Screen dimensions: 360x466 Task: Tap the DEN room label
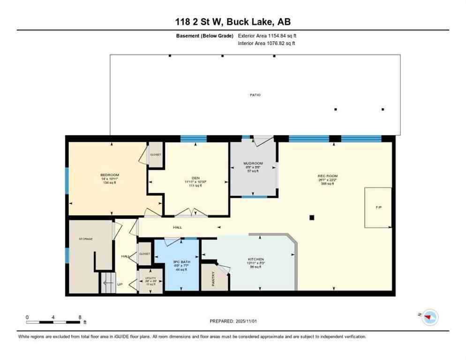point(193,178)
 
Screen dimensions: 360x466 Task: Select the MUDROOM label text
point(253,164)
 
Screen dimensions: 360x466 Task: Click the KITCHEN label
point(256,259)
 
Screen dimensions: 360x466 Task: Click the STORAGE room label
point(86,239)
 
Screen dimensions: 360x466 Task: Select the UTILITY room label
point(150,278)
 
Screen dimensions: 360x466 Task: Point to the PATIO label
point(255,95)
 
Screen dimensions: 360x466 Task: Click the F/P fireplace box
point(378,207)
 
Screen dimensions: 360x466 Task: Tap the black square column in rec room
point(311,217)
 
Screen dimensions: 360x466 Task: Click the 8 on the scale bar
point(80,317)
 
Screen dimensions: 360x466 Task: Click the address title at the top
point(233,22)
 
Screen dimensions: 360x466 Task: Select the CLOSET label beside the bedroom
point(155,154)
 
